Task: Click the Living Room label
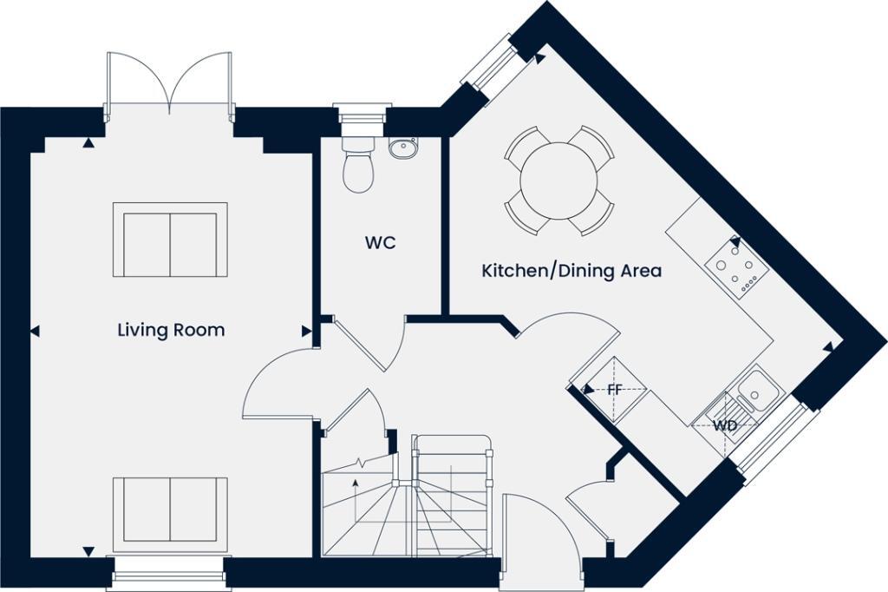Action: [171, 330]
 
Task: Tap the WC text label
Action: [380, 243]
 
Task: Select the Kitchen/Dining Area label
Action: [571, 271]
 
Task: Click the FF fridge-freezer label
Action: [614, 389]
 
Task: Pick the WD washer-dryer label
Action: [725, 425]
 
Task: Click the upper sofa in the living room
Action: [170, 240]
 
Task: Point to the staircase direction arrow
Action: [354, 483]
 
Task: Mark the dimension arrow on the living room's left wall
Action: [35, 331]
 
